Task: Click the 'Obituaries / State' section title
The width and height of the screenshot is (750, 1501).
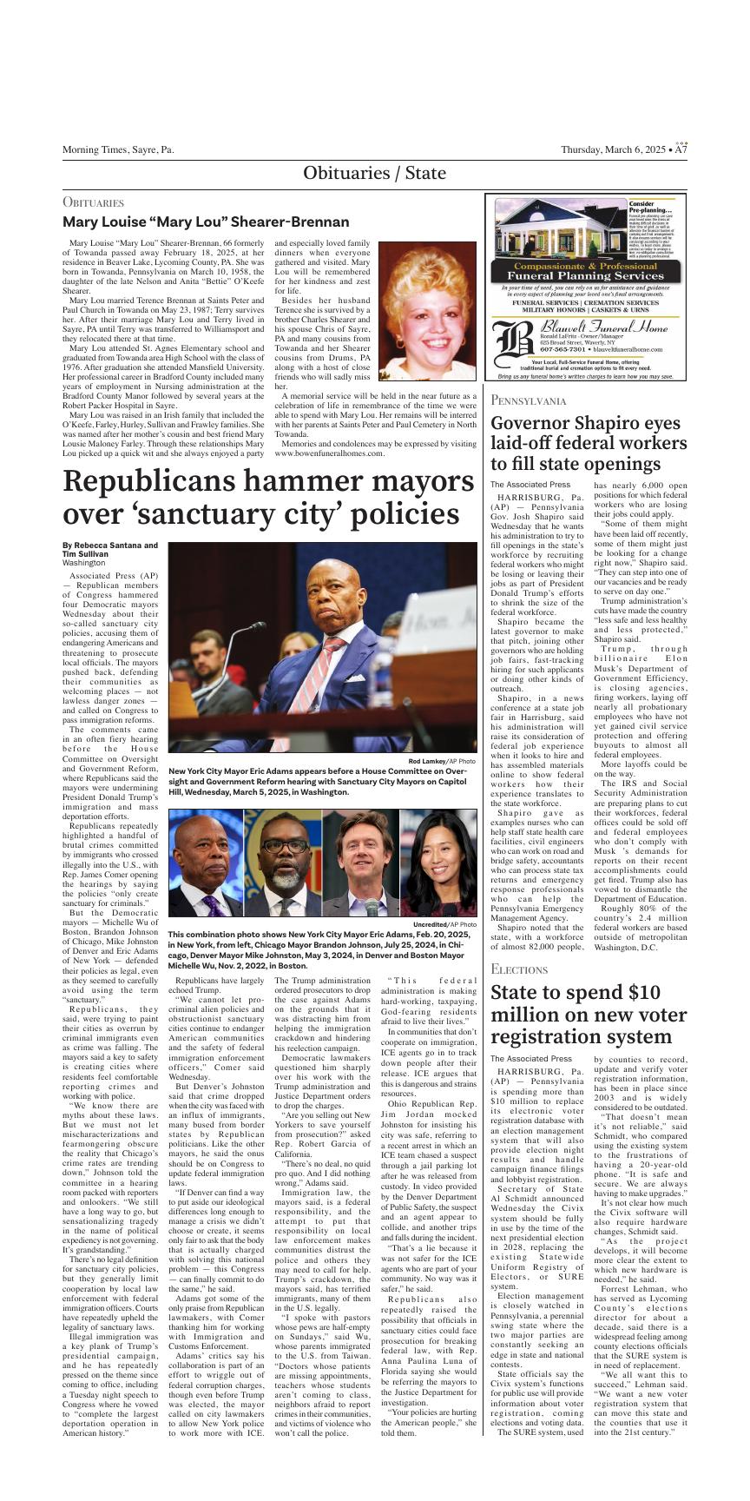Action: [x=374, y=173]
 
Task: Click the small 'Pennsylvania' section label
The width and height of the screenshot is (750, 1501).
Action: [x=528, y=400]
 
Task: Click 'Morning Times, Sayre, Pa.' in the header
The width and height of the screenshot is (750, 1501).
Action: [x=118, y=149]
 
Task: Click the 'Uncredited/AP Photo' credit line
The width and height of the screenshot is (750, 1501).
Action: [x=444, y=924]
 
